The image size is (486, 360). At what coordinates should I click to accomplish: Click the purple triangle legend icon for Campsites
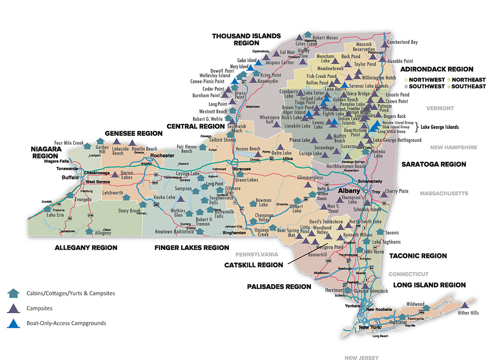coord(14,308)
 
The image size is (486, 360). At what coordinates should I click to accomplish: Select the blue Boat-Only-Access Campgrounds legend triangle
coord(14,323)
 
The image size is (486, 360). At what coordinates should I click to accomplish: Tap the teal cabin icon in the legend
coord(14,293)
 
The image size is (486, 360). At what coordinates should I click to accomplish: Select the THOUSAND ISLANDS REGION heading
coord(246,39)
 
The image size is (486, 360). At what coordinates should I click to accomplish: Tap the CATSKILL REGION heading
coord(253,265)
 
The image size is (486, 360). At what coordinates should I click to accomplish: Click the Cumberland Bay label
coord(402,42)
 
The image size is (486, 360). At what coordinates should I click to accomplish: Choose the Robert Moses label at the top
coord(325,37)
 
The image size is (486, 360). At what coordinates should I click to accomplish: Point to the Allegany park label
coord(103,233)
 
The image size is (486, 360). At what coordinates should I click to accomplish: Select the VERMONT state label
coord(440,108)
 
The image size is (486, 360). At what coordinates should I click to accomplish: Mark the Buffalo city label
coord(70,178)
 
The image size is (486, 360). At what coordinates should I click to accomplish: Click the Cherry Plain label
coord(397,191)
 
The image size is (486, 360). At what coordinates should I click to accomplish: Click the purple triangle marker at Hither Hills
coord(465,305)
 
